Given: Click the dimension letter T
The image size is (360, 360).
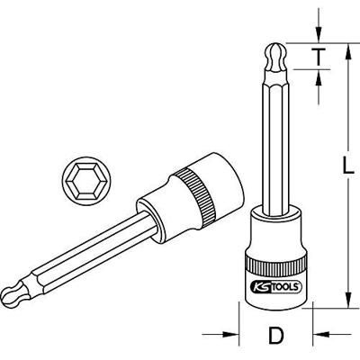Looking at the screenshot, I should click(x=319, y=56).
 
